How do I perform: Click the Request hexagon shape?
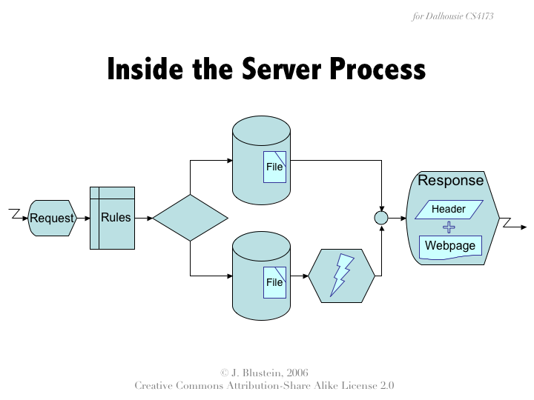pos(52,218)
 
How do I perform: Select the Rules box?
pos(113,218)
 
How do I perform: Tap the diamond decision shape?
pos(190,218)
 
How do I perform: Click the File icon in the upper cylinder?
pos(275,167)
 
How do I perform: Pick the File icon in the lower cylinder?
pos(275,282)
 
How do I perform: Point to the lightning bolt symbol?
pos(342,276)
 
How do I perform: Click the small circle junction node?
pos(381,218)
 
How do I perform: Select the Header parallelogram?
pos(449,210)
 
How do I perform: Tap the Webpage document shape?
pos(450,246)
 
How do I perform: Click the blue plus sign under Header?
pos(449,227)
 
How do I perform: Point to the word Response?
pos(450,181)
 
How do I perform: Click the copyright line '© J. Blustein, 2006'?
pos(265,373)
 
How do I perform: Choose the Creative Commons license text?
pos(265,386)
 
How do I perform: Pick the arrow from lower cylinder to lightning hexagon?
pos(300,276)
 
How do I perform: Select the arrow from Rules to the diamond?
pos(144,218)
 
